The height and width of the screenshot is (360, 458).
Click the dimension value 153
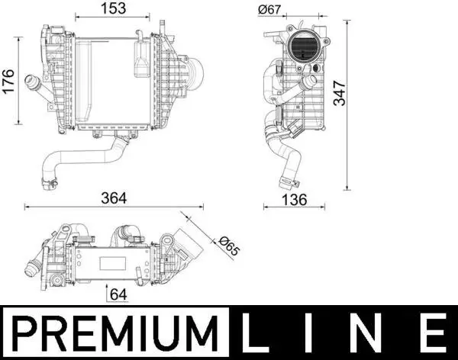[x=113, y=8]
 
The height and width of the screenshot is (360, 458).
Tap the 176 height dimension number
[x=8, y=81]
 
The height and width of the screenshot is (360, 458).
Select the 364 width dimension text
[x=114, y=198]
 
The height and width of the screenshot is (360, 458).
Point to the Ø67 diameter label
[x=269, y=10]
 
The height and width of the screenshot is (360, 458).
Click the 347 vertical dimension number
[x=340, y=93]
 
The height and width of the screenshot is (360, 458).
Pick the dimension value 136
[x=294, y=200]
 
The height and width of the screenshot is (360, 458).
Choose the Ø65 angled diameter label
[x=229, y=246]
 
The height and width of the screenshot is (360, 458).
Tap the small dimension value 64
[x=118, y=294]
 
